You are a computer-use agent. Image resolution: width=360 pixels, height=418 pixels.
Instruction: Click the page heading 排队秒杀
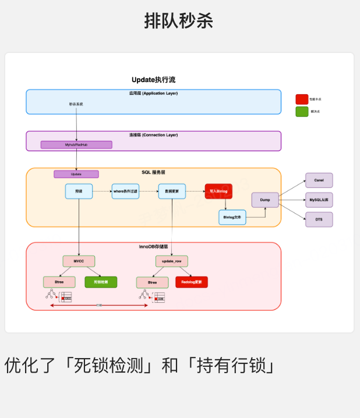point(179,21)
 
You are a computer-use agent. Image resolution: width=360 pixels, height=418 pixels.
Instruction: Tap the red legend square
point(302,99)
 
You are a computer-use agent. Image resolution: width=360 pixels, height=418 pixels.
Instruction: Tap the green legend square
point(302,111)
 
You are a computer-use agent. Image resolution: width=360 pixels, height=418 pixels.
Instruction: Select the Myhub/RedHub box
point(76,144)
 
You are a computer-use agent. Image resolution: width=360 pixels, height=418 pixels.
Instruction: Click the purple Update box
point(76,174)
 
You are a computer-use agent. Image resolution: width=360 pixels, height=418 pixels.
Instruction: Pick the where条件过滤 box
point(125,191)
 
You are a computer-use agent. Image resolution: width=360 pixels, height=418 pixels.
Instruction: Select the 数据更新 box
point(172,191)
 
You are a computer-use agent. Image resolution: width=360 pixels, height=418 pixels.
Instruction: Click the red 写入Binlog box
point(218,191)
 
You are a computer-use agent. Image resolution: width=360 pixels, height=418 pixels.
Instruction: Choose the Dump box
point(265,200)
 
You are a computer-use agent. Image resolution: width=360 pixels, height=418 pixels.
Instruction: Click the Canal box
point(319,180)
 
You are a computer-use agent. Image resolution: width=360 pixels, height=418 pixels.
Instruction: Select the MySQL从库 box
point(319,200)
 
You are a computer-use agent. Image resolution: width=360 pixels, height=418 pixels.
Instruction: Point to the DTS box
point(319,219)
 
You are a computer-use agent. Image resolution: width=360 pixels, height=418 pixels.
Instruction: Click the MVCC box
point(79,261)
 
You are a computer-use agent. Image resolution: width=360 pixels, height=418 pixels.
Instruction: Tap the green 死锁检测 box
point(101,282)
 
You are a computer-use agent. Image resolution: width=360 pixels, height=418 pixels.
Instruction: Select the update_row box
point(172,261)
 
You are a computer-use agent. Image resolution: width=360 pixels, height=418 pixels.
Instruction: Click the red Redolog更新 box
point(191,282)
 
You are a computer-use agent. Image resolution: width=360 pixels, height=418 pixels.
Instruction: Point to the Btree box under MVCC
point(59,282)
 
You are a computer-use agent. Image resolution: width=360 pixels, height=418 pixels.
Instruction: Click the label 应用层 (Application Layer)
point(153,93)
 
